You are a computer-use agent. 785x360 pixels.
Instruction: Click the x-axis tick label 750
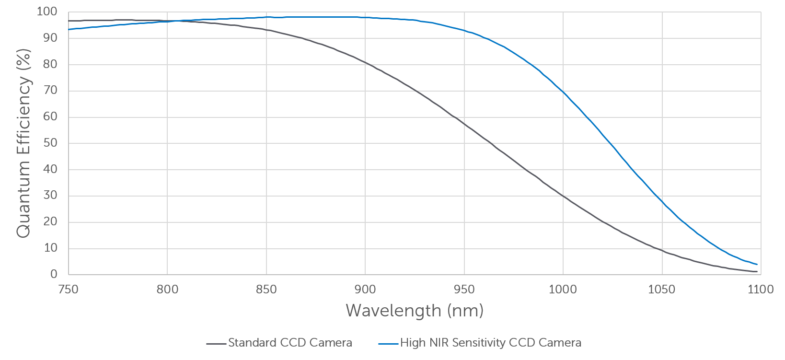[68, 290]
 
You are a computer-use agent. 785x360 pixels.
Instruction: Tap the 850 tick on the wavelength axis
[266, 290]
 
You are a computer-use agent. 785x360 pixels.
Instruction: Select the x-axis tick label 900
[365, 290]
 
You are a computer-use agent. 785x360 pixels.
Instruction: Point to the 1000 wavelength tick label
[563, 290]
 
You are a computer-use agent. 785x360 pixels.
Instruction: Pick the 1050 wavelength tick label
[662, 290]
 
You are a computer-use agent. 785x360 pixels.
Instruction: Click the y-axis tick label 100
[47, 12]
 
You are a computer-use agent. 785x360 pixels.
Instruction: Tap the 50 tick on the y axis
[50, 143]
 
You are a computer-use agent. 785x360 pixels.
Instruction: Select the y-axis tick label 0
[54, 274]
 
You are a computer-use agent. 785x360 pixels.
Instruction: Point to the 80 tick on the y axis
[50, 64]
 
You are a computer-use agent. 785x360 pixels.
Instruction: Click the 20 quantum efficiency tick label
[50, 222]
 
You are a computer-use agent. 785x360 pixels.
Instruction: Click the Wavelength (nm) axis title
[415, 311]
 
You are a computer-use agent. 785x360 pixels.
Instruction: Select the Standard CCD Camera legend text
[290, 343]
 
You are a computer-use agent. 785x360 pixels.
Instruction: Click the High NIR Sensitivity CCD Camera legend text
[491, 343]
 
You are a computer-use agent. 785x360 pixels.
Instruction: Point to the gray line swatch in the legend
[216, 343]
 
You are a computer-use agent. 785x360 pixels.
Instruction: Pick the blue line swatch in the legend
[388, 343]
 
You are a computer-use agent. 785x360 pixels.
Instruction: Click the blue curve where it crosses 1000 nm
[563, 92]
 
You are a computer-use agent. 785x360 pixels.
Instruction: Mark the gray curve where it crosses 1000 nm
[563, 196]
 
